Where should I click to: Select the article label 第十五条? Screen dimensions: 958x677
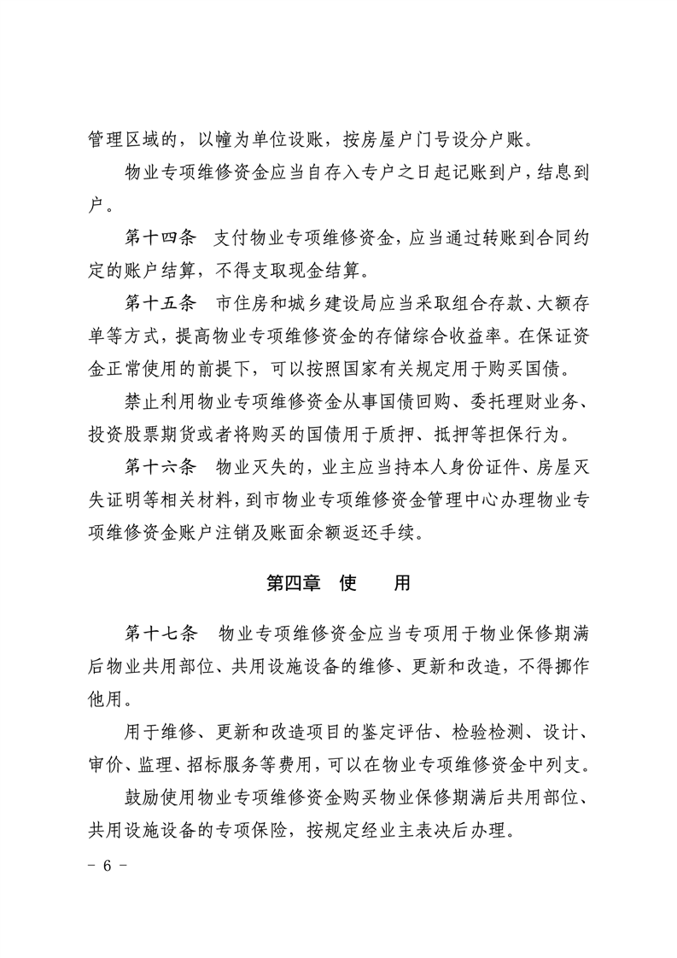pyautogui.click(x=160, y=303)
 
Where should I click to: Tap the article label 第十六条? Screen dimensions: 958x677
pyautogui.click(x=160, y=467)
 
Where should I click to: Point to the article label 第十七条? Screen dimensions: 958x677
pyautogui.click(x=160, y=633)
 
